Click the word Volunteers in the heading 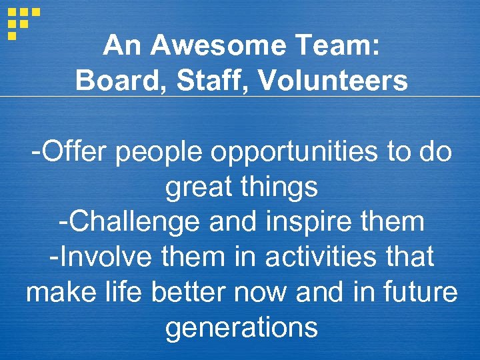[333, 81]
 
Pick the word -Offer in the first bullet [69, 152]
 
